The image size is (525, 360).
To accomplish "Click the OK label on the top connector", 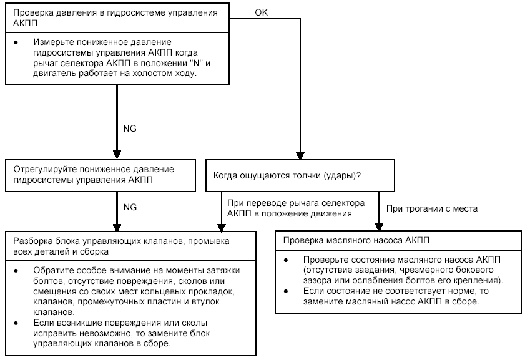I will point(262,12).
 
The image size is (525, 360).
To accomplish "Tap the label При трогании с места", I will point(432,209).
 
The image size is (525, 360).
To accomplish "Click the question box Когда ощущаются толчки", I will point(301,175).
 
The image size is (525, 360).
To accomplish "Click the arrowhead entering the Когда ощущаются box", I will point(301,156).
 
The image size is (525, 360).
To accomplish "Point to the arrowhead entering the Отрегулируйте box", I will point(117,156).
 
